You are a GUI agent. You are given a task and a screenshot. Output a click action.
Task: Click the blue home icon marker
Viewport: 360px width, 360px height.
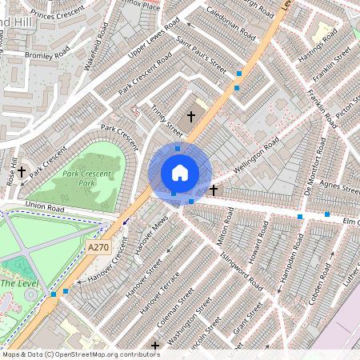point(180,173)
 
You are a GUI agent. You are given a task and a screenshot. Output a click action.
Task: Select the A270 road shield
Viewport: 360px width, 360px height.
point(98,248)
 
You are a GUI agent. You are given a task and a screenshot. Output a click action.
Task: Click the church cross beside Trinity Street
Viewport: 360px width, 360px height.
point(191,117)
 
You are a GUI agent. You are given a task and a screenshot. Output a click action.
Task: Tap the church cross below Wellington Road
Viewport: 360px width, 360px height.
point(214,190)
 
